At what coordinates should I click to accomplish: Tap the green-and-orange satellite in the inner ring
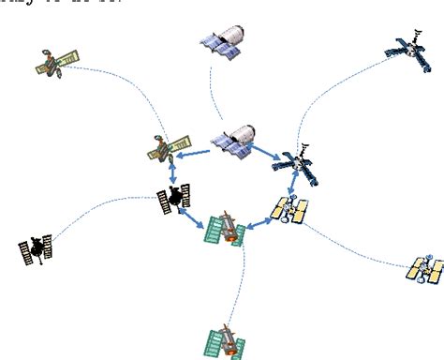[169, 145]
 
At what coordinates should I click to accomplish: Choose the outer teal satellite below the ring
[226, 339]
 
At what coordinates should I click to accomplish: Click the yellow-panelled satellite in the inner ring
[289, 211]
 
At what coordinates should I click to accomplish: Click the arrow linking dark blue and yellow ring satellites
[293, 185]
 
